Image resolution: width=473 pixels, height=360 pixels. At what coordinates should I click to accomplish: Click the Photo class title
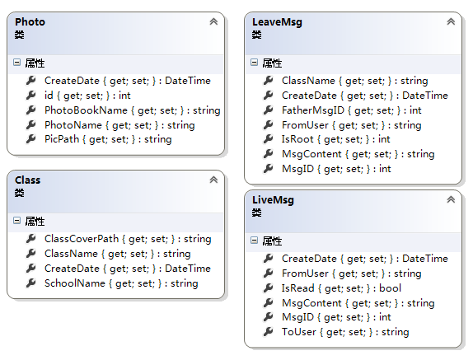30,22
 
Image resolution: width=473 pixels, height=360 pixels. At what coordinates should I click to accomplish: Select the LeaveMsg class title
277,22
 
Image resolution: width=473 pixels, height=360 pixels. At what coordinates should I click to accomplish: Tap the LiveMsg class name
273,200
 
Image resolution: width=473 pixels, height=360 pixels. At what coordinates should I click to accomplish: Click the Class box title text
27,180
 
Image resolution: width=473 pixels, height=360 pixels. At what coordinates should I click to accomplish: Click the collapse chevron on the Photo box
213,21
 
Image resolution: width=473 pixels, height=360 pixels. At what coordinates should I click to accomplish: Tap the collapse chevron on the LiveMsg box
451,199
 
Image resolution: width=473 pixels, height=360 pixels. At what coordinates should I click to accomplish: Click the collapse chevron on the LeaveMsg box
451,21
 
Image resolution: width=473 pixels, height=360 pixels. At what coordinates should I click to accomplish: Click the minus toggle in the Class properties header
16,221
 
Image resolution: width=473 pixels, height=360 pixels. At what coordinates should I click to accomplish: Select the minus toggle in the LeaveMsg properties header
255,63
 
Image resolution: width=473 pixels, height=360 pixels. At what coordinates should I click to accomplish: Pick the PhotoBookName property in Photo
133,110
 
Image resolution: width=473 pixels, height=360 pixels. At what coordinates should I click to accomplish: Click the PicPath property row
108,139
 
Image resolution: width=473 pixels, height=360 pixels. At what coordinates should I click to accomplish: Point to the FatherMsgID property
351,110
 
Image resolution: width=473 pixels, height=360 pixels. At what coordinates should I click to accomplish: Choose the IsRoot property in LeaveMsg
335,139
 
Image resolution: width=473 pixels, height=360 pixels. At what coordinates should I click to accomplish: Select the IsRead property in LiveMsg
341,288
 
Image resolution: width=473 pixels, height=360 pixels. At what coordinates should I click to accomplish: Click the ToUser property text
345,332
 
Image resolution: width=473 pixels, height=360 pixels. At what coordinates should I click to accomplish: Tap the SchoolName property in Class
121,283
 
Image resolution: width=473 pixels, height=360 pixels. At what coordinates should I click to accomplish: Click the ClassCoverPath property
128,239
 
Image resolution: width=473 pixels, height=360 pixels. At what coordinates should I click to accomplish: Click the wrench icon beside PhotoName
30,124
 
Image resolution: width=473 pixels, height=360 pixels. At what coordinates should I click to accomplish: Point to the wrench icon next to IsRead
268,288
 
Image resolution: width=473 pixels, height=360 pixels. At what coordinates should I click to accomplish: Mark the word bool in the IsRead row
390,288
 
